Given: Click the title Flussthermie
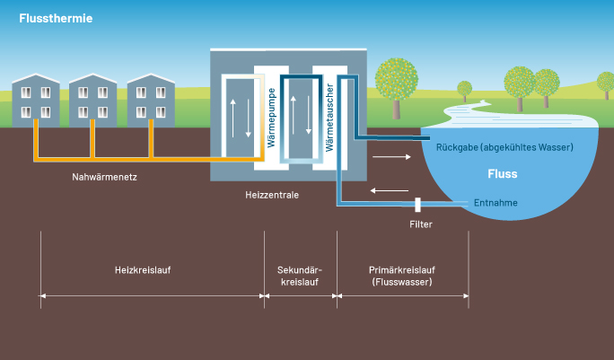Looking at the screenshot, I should (x=55, y=18).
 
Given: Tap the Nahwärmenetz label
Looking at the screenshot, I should (x=105, y=177).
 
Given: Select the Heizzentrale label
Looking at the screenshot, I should (x=272, y=194).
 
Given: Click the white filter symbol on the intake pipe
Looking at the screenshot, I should (x=418, y=205).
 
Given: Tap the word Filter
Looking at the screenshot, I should (x=421, y=224).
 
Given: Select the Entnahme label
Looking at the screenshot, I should (x=496, y=203).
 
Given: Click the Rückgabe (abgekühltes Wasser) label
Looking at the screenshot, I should (x=504, y=146).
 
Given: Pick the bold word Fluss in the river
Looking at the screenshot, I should (x=502, y=174).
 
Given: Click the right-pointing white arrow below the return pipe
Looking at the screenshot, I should (x=388, y=157).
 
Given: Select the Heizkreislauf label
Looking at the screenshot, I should (x=143, y=269).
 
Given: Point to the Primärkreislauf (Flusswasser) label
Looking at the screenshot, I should (x=402, y=275).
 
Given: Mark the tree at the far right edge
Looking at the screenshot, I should (x=606, y=85).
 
